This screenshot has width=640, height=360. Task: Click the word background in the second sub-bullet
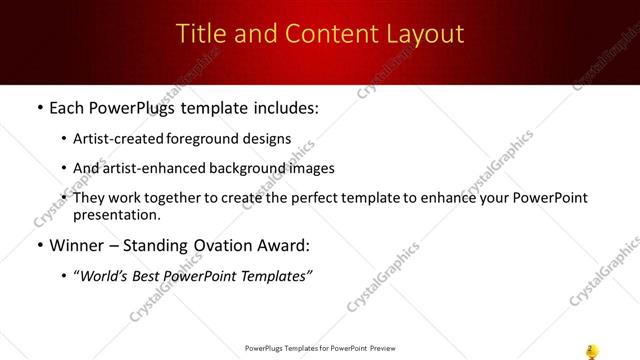click(x=246, y=169)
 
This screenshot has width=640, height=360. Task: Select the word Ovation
click(x=226, y=245)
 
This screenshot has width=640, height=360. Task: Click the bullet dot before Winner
click(x=38, y=246)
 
